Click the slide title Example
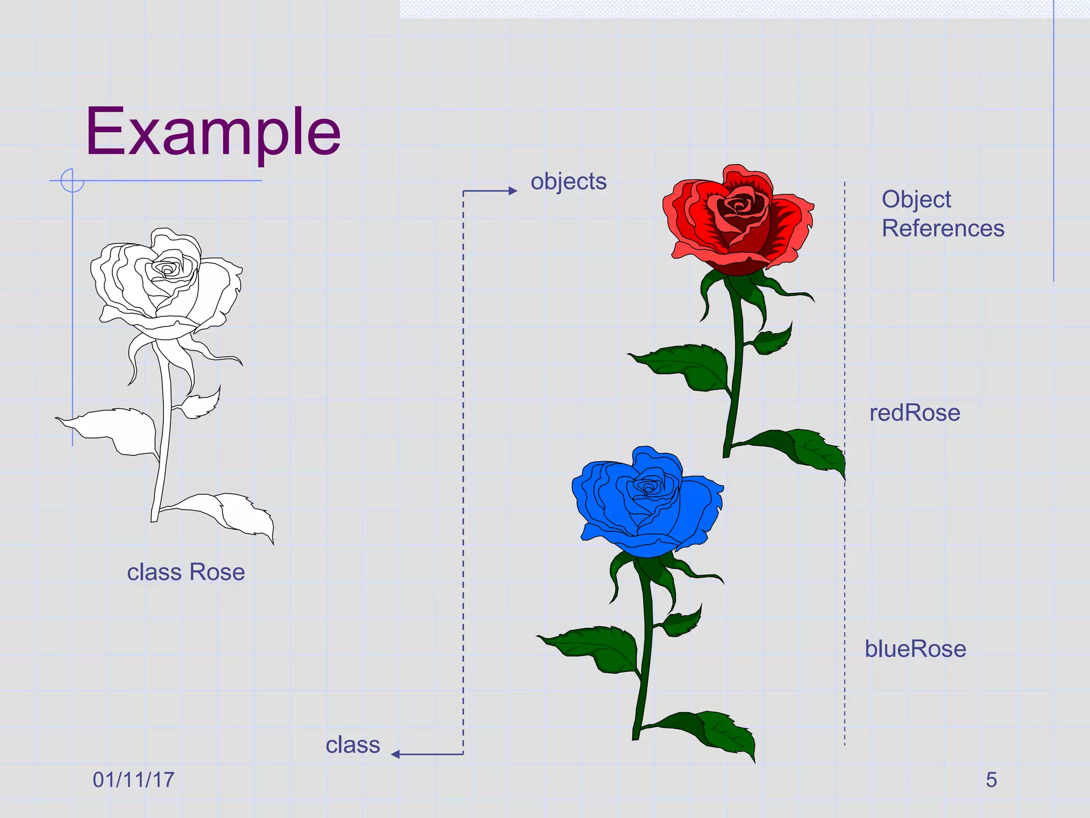[x=213, y=132]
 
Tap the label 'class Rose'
[x=186, y=572]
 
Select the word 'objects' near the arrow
[x=568, y=182]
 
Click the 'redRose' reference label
[x=914, y=413]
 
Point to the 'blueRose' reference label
[x=915, y=649]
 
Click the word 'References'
[x=943, y=228]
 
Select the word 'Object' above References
[x=916, y=200]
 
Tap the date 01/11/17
[x=134, y=780]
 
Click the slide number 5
[x=991, y=780]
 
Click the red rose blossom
[x=737, y=218]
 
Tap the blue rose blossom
[x=647, y=501]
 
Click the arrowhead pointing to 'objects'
[x=513, y=191]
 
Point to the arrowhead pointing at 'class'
[x=395, y=754]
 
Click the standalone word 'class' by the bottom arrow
[x=353, y=745]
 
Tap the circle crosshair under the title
[x=72, y=181]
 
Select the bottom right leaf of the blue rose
[x=719, y=732]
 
